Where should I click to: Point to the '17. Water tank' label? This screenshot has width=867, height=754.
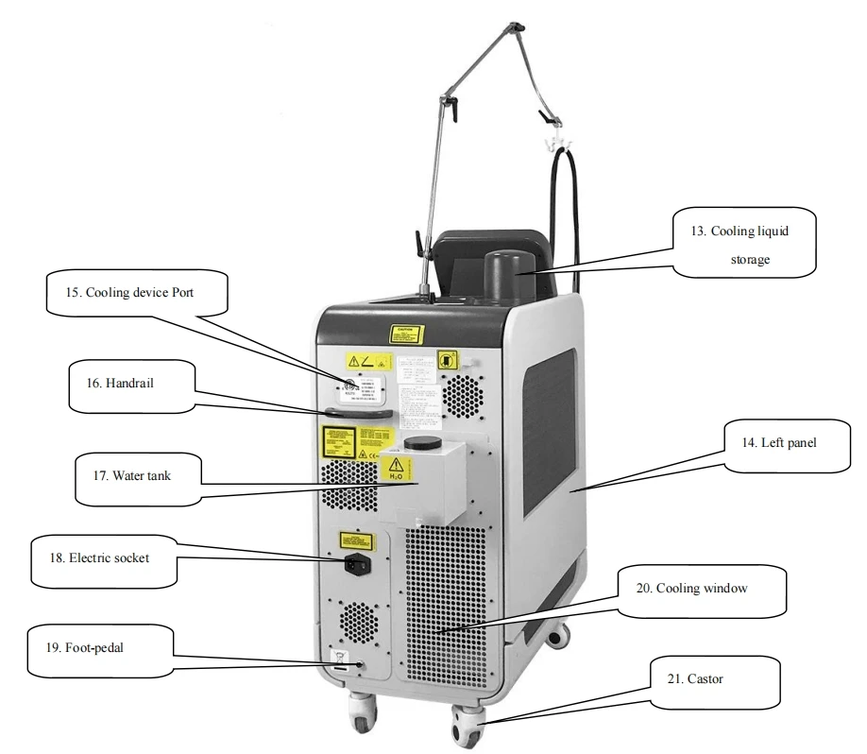138,475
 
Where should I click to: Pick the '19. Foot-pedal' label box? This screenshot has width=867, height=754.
88,650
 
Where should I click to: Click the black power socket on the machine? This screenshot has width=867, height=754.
358,567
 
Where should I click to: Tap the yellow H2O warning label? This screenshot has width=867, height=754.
395,471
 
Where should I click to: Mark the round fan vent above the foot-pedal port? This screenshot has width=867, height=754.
360,621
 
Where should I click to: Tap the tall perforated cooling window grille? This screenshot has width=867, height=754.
445,605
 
